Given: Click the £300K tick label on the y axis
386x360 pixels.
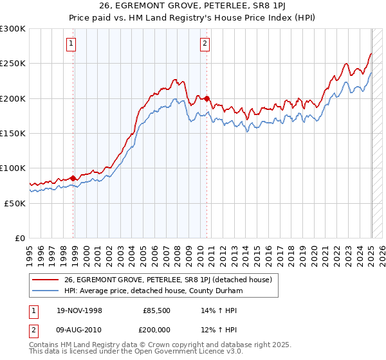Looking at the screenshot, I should (x=13, y=29).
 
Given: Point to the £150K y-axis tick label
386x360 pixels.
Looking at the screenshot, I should (x=13, y=133).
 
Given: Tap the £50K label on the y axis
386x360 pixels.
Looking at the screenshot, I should (x=15, y=203).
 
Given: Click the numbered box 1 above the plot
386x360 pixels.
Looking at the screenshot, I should (x=70, y=44).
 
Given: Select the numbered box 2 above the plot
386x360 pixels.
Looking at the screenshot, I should (x=204, y=44).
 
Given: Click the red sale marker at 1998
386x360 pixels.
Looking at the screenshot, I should (x=73, y=178).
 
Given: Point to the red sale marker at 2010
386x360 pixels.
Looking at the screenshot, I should (x=207, y=98).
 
